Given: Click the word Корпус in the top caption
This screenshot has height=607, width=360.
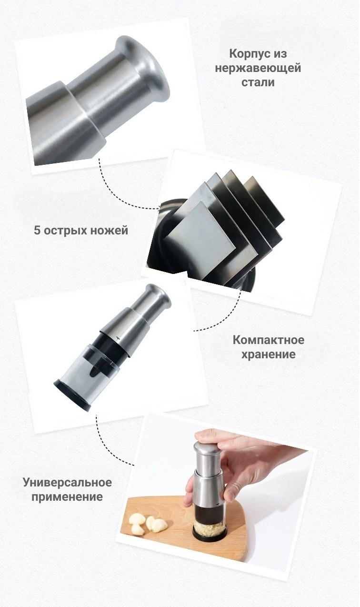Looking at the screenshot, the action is [246, 54].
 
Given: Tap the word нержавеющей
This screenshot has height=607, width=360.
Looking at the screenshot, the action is [258, 68].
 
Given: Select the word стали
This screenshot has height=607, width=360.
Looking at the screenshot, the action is [258, 82].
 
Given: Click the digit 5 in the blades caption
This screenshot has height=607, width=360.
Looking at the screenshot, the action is [37, 230].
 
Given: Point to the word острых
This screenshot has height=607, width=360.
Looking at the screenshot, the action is [65, 231].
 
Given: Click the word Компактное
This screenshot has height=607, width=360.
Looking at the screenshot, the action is [269, 340].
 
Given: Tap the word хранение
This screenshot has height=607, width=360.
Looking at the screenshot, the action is [268, 354].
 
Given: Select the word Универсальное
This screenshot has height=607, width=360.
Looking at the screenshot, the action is [67, 482].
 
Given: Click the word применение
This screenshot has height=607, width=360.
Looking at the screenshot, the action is [67, 497].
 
